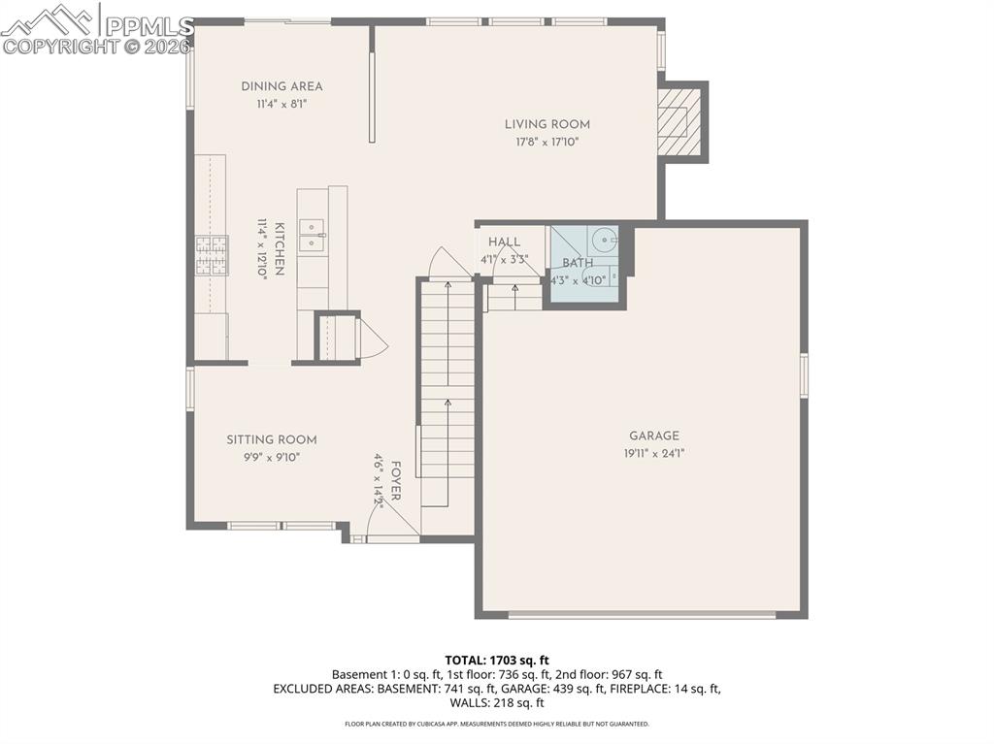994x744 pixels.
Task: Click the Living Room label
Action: (x=547, y=124)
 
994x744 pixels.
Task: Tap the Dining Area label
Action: (x=282, y=86)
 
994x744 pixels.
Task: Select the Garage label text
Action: (x=653, y=437)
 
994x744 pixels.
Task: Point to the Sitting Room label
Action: (x=272, y=439)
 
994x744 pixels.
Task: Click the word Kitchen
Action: (x=279, y=249)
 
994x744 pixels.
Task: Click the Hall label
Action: (x=504, y=242)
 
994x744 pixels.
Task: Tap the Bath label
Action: (x=578, y=263)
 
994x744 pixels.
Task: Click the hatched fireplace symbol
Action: (x=679, y=122)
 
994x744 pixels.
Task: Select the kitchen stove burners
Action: (x=212, y=256)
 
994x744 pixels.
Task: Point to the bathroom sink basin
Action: (x=604, y=237)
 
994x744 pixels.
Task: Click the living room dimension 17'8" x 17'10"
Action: (x=547, y=143)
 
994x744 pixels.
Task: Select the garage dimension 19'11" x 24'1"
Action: (x=653, y=453)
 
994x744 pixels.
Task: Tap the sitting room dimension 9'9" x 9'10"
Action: (x=272, y=457)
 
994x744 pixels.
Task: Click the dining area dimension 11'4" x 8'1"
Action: (x=282, y=104)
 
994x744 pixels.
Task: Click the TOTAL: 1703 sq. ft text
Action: (x=497, y=660)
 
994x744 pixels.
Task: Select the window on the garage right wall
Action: (x=804, y=375)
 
